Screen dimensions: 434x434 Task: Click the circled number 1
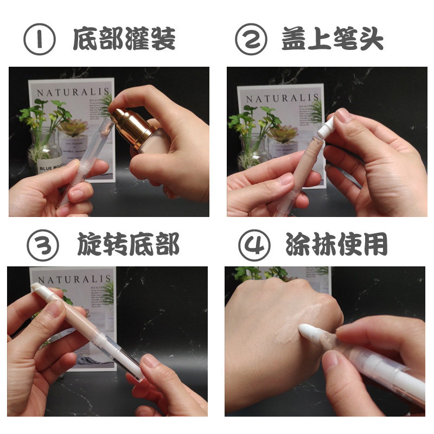(x=40, y=40)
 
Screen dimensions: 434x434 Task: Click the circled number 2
(x=251, y=40)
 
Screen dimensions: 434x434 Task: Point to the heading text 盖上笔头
(x=333, y=40)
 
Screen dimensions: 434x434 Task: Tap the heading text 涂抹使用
(x=337, y=246)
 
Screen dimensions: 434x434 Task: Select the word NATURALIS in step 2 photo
(x=280, y=99)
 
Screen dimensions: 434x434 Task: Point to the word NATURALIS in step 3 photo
(x=74, y=280)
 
